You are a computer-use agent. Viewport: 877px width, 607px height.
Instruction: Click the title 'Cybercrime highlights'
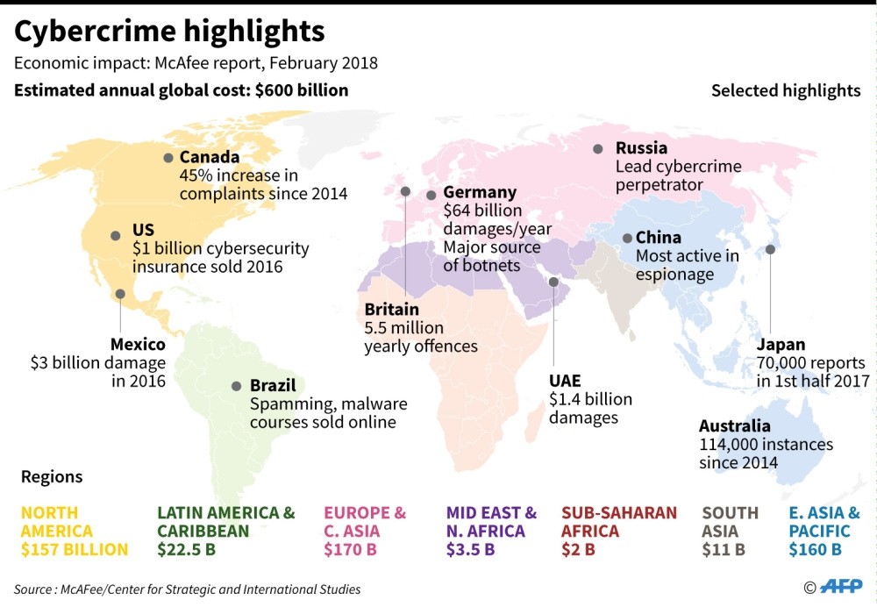click(x=169, y=32)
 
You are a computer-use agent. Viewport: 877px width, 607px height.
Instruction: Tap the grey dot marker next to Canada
click(x=168, y=158)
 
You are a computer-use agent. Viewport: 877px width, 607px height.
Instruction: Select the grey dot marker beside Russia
click(x=598, y=149)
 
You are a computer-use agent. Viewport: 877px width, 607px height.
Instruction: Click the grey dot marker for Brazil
click(x=236, y=386)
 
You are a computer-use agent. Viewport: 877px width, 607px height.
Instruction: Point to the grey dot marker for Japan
click(x=770, y=249)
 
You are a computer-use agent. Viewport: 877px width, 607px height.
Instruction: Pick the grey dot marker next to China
click(x=627, y=238)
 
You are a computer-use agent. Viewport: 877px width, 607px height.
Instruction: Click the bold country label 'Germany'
click(x=480, y=192)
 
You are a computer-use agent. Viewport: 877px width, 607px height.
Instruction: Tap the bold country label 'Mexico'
click(x=138, y=344)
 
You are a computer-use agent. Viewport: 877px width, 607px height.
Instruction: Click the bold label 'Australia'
click(x=735, y=426)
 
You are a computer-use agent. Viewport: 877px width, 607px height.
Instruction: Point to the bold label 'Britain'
click(x=391, y=310)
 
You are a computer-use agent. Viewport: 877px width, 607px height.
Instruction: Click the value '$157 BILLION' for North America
click(x=75, y=550)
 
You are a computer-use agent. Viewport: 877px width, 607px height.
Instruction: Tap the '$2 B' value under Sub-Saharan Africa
click(x=578, y=550)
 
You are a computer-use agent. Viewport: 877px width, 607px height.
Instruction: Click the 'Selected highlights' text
click(x=786, y=90)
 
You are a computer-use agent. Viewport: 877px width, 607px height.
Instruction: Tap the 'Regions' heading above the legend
click(x=52, y=477)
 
